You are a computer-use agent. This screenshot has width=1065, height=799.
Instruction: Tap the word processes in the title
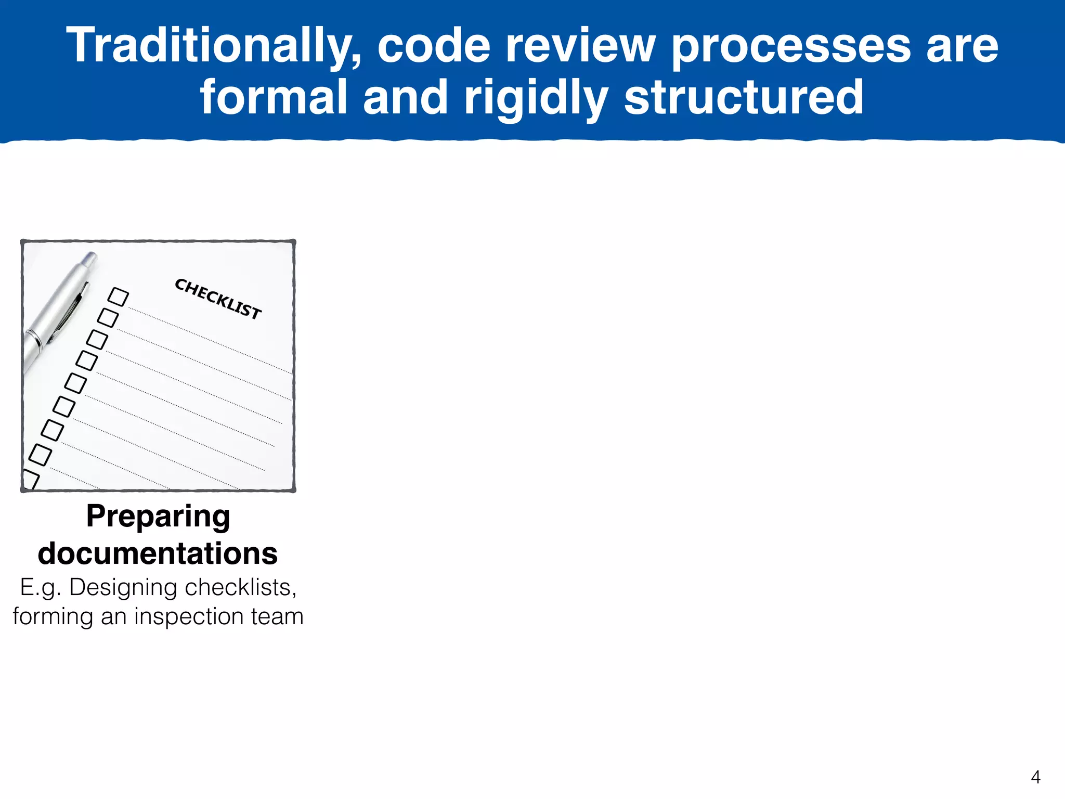[x=791, y=47]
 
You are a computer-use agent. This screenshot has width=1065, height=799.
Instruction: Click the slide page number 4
[x=1035, y=777]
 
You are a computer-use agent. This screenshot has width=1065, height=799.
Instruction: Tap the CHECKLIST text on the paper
[x=218, y=299]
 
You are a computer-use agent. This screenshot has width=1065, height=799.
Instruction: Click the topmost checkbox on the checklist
[x=118, y=297]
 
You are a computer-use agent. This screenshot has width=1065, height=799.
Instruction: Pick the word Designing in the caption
[x=123, y=588]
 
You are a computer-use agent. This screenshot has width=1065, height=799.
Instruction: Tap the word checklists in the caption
[x=240, y=588]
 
